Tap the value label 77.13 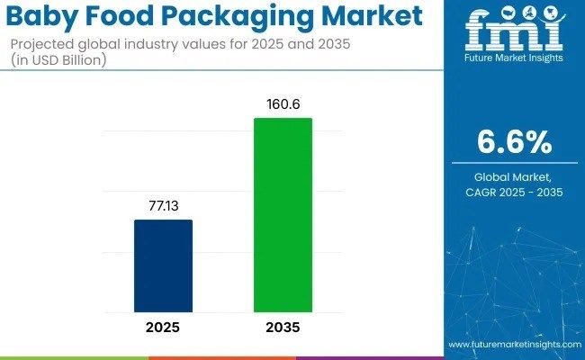(163, 206)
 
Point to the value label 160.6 (283, 103)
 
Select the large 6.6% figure (514, 142)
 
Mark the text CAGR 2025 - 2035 (514, 192)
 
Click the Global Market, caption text (514, 177)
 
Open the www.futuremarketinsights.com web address (514, 346)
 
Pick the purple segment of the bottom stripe (369, 357)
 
